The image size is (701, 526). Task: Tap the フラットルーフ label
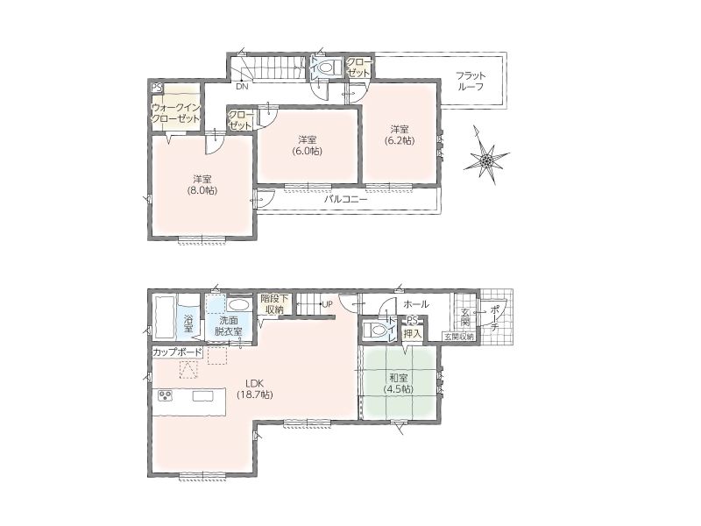pyautogui.click(x=471, y=81)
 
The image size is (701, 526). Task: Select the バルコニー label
pyautogui.click(x=345, y=199)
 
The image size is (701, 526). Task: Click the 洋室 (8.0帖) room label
pyautogui.click(x=202, y=185)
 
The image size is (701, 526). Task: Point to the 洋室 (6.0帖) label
pyautogui.click(x=308, y=146)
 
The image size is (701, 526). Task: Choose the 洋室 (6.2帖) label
pyautogui.click(x=400, y=135)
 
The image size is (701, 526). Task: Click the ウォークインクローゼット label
pyautogui.click(x=176, y=113)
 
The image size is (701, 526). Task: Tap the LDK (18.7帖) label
pyautogui.click(x=254, y=389)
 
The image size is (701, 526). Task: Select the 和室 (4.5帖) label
pyautogui.click(x=398, y=383)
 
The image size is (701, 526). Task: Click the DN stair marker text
pyautogui.click(x=242, y=87)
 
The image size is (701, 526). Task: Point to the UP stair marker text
pyautogui.click(x=327, y=304)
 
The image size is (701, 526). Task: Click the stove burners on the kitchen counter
pyautogui.click(x=165, y=396)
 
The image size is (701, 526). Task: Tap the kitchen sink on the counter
pyautogui.click(x=204, y=396)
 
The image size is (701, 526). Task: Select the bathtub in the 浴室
pyautogui.click(x=164, y=317)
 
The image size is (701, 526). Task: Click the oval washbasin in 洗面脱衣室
pyautogui.click(x=237, y=305)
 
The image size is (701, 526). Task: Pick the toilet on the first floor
pyautogui.click(x=375, y=331)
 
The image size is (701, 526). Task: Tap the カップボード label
pyautogui.click(x=178, y=352)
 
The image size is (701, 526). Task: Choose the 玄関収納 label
pyautogui.click(x=459, y=337)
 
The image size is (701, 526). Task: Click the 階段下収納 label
pyautogui.click(x=274, y=303)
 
